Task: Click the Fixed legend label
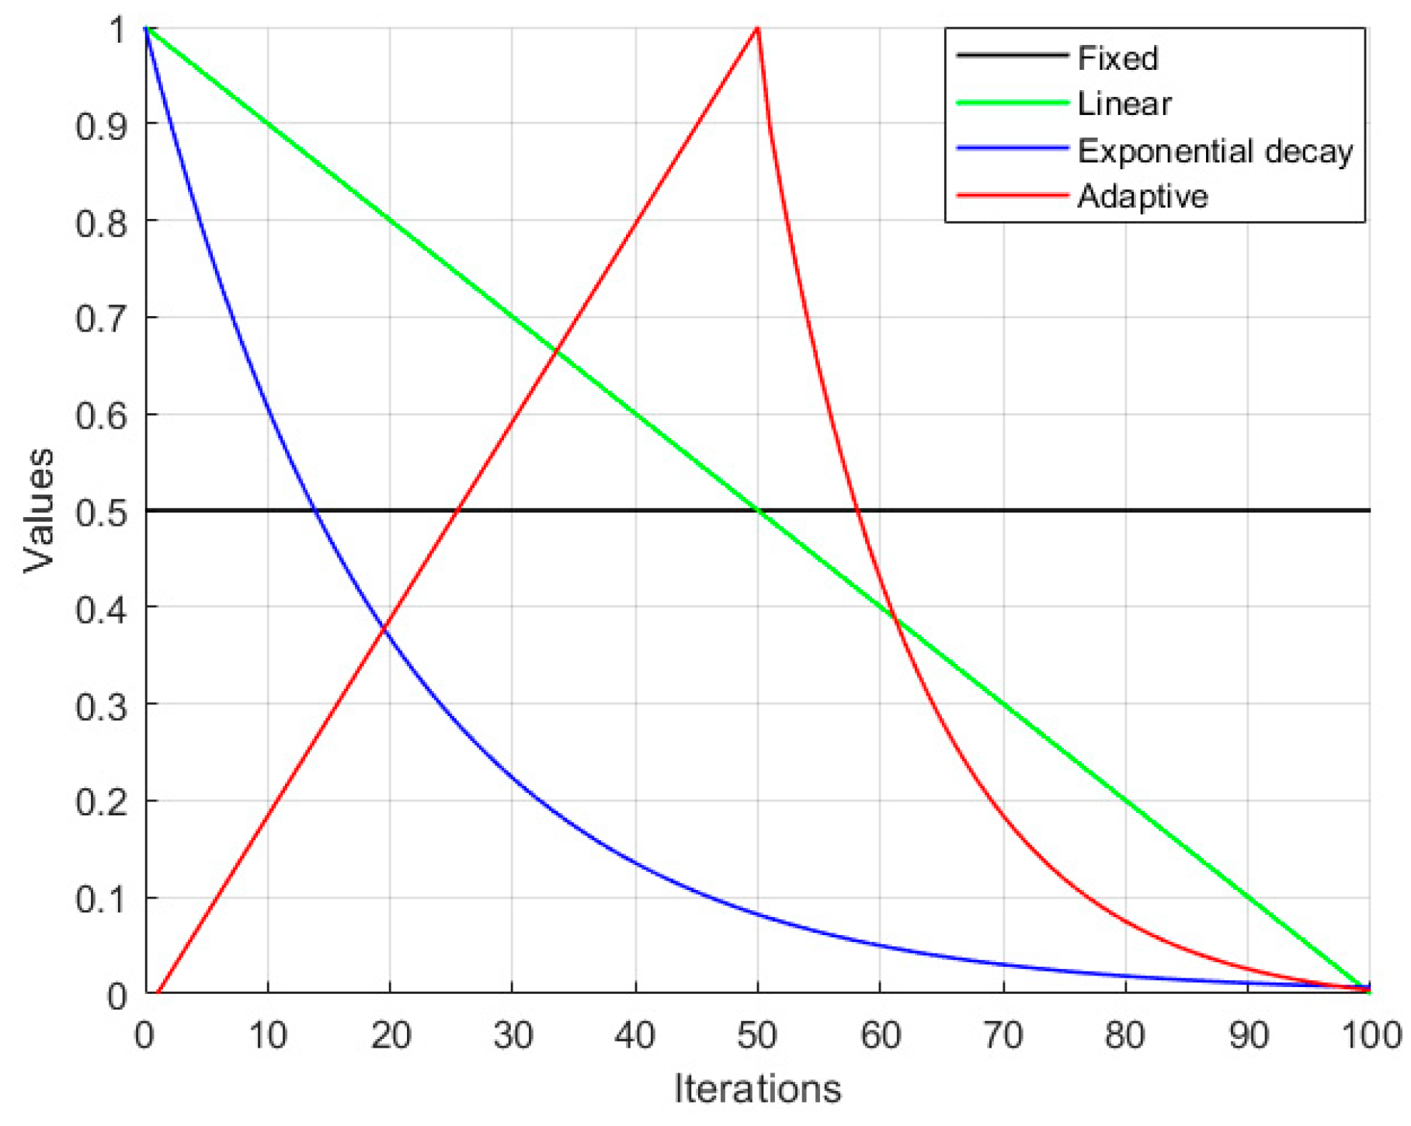[x=1117, y=58]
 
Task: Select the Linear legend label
[x=1124, y=104]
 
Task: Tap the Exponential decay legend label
[x=1215, y=151]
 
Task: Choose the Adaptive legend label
[x=1142, y=196]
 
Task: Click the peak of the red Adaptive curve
[x=757, y=29]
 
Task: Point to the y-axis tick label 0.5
[x=101, y=513]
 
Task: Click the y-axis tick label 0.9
[x=101, y=125]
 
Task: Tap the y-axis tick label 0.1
[x=101, y=899]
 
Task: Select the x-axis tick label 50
[x=757, y=1035]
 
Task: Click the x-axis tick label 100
[x=1370, y=1035]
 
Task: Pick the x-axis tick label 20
[x=390, y=1035]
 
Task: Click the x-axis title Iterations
[x=757, y=1089]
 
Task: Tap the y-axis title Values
[x=39, y=510]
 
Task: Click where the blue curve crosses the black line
[x=315, y=510]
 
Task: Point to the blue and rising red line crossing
[x=383, y=628]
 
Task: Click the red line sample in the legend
[x=1012, y=196]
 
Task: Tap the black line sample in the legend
[x=1012, y=55]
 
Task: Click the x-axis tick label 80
[x=1125, y=1035]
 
